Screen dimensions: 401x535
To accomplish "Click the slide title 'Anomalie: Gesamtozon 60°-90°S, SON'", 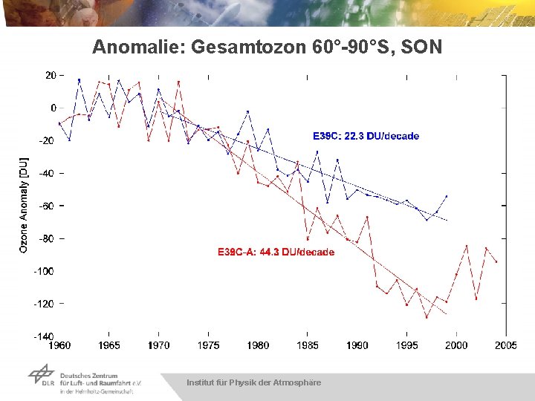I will [x=267, y=48].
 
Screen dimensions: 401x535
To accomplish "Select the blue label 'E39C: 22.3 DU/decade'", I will [x=365, y=136].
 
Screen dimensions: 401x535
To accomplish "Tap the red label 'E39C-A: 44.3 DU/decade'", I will [x=276, y=252].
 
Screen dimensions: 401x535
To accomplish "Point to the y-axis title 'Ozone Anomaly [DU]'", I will [x=24, y=205].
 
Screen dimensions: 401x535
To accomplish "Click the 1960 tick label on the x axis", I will [x=59, y=345].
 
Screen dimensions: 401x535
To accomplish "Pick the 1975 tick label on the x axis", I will [x=209, y=345].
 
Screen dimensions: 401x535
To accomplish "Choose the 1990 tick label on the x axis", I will [x=357, y=345].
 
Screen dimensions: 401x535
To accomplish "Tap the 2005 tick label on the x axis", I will [x=506, y=345].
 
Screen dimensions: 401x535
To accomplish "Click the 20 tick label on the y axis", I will [x=51, y=75].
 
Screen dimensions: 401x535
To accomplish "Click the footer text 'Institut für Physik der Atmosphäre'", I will [x=253, y=382].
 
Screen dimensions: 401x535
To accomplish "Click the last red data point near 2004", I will [x=496, y=261].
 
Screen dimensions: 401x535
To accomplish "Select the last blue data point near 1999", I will [x=447, y=197].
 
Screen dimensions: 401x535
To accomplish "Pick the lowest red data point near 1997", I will [x=427, y=316].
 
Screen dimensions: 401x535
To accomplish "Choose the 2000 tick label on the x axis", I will [x=456, y=345].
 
